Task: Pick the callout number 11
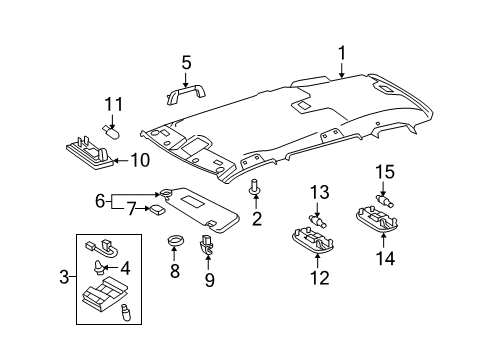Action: point(114,103)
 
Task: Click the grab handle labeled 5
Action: point(185,95)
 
